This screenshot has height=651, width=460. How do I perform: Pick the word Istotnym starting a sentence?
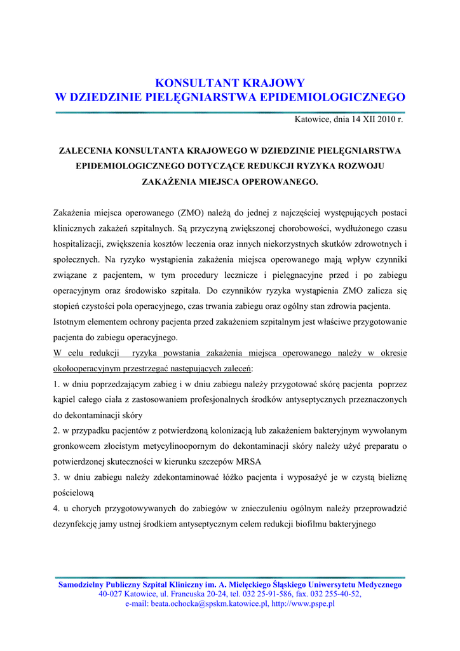pos(69,322)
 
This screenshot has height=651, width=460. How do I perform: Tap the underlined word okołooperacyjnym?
pos(90,368)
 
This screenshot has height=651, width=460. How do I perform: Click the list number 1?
pos(56,384)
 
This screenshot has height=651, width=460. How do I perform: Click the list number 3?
pos(56,477)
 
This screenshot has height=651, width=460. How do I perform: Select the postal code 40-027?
pos(111,594)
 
